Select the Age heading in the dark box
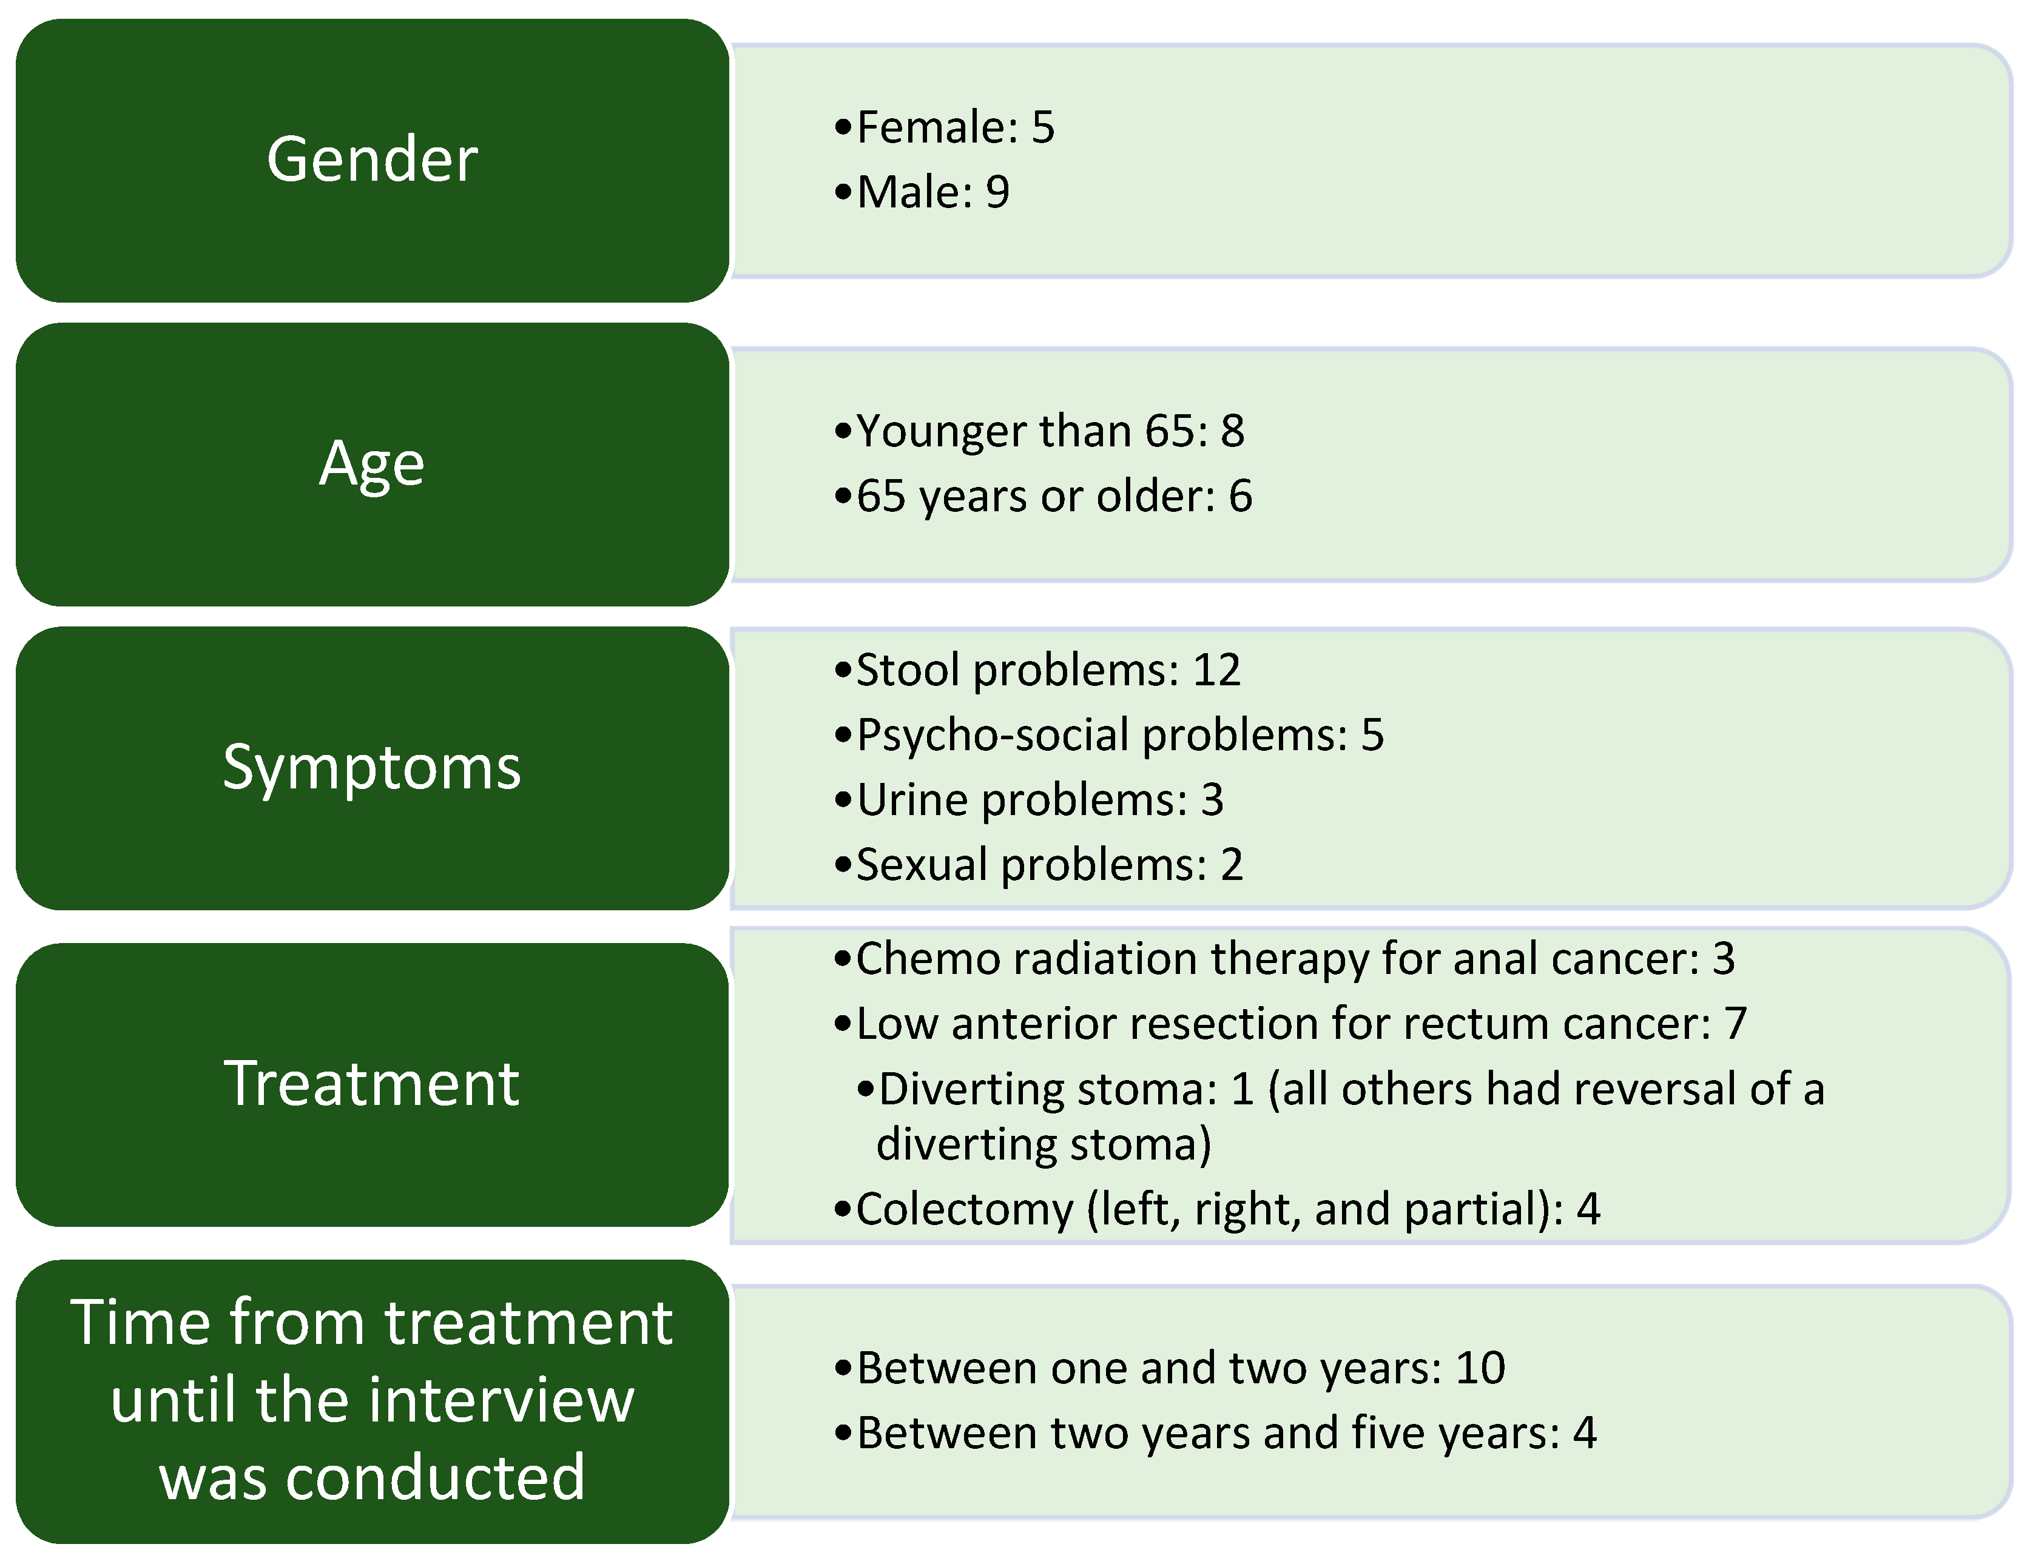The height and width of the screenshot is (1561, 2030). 372,465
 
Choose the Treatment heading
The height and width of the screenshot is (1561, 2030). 372,1083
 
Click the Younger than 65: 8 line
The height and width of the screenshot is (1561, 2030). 1040,431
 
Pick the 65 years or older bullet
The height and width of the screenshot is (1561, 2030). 1044,496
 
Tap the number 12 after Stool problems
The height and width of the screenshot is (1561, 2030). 1216,670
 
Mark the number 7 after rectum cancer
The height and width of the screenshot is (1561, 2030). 1735,1024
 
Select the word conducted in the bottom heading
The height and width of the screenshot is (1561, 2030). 436,1477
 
